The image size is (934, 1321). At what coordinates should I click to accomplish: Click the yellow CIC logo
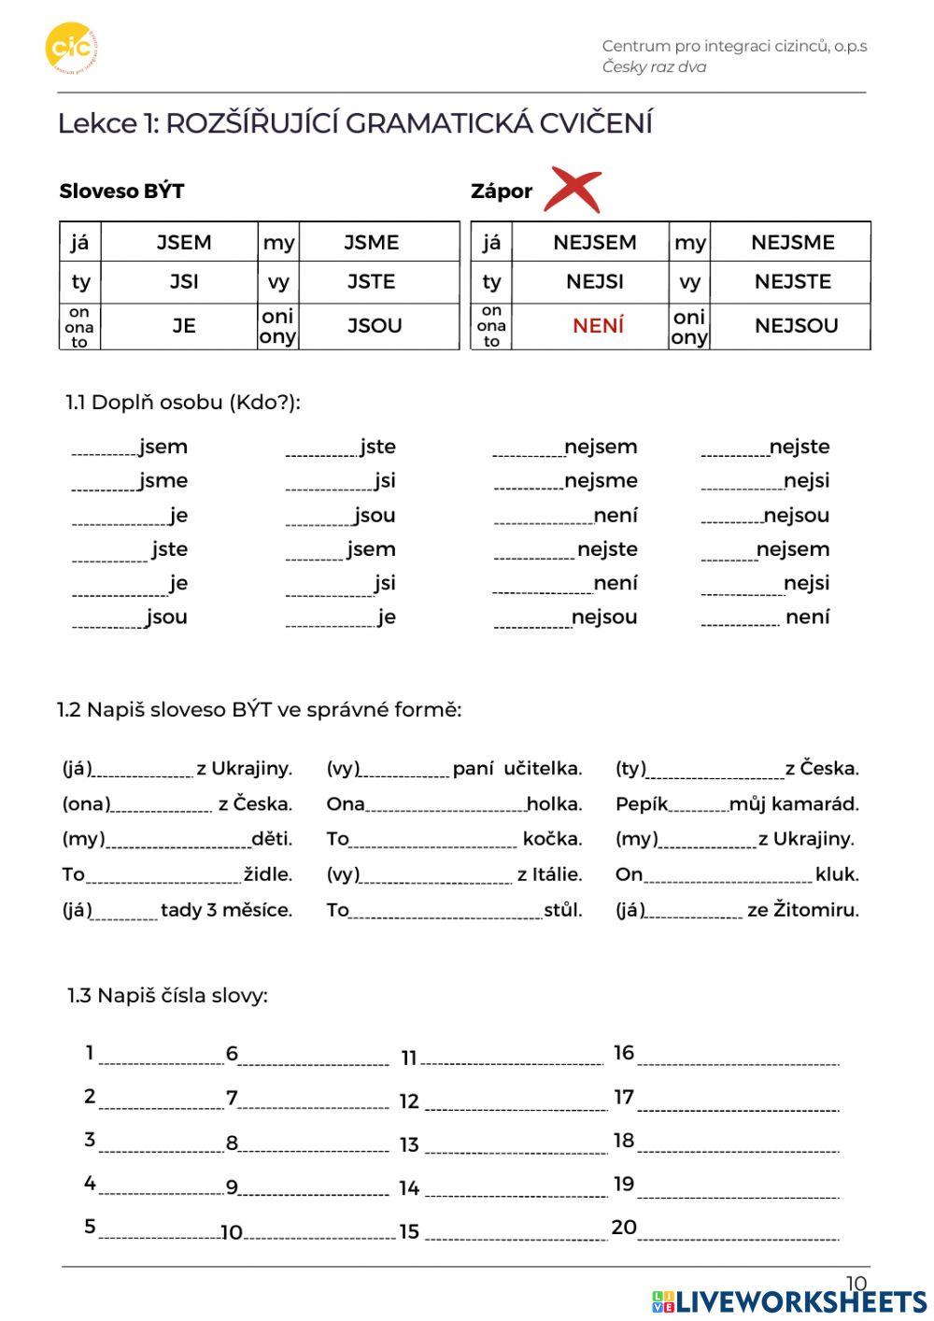71,48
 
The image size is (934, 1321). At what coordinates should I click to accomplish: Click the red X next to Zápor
573,190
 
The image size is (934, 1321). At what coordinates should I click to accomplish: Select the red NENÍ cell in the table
598,326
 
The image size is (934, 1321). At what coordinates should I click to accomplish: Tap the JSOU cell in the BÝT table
375,326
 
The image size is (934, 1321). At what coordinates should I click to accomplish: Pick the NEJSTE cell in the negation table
792,281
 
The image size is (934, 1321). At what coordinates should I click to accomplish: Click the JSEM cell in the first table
184,243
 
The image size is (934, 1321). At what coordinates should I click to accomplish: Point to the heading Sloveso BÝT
121,192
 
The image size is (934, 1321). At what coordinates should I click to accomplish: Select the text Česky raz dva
654,67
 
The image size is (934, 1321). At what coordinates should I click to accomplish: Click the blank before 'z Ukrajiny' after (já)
143,771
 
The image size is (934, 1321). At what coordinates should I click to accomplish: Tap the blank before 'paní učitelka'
405,771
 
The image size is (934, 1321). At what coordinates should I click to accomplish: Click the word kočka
552,839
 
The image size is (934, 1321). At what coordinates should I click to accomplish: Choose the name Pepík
642,804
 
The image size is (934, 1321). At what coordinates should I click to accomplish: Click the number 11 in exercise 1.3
409,1058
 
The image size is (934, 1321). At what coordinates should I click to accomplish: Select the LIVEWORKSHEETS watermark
789,1302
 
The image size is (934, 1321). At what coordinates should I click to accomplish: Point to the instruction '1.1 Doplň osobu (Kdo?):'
183,403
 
